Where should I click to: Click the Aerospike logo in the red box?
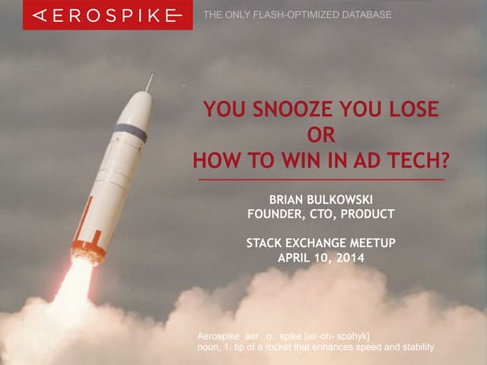pyautogui.click(x=107, y=14)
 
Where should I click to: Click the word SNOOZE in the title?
pyautogui.click(x=287, y=110)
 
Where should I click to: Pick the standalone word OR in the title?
pyautogui.click(x=320, y=136)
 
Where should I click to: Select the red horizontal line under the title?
pyautogui.click(x=320, y=180)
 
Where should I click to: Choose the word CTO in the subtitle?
pyautogui.click(x=323, y=214)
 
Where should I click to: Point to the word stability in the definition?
pyautogui.click(x=411, y=348)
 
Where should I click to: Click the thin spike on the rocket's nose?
pyautogui.click(x=150, y=81)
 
